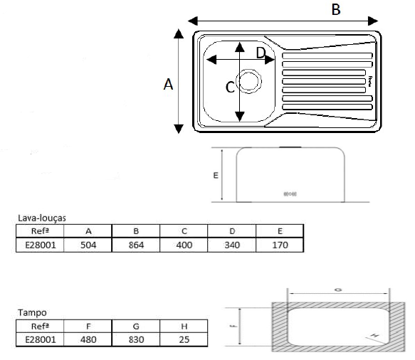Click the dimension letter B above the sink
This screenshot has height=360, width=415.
[x=337, y=9]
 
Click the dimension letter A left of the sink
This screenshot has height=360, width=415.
[x=168, y=84]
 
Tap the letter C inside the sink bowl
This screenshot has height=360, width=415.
[x=229, y=88]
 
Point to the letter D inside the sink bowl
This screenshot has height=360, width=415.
[x=261, y=53]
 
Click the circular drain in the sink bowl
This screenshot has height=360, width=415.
[x=249, y=80]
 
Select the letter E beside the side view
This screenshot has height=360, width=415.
[x=216, y=174]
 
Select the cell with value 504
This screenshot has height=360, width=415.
[x=88, y=244]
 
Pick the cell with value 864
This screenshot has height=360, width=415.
[x=135, y=244]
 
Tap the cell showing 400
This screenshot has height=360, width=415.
[x=184, y=244]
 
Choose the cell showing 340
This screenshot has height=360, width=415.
[x=231, y=244]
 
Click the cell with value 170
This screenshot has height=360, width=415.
[x=280, y=244]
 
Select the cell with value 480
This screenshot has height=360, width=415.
[x=88, y=339]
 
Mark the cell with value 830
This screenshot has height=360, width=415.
[x=135, y=339]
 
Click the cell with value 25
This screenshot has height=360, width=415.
[x=184, y=339]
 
